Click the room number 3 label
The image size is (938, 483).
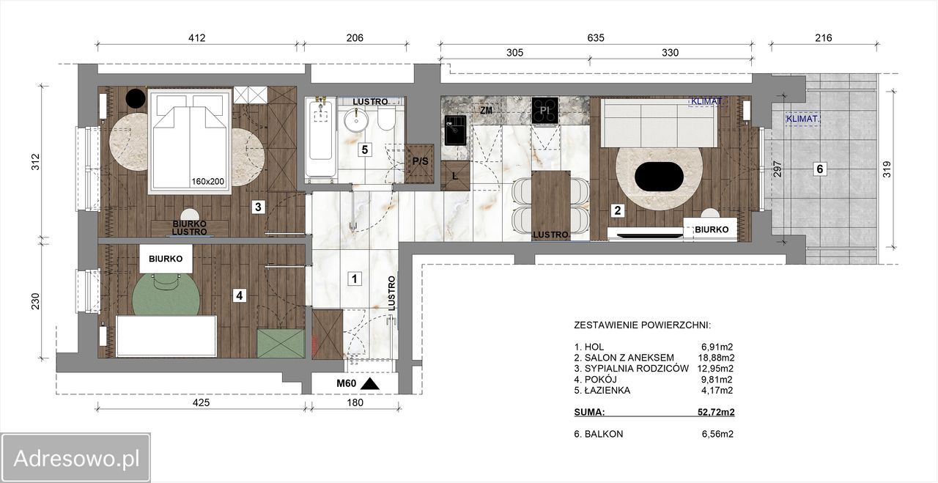259,207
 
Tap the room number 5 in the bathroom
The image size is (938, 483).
365,150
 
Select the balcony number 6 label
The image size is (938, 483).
820,169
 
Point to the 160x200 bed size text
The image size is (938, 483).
208,181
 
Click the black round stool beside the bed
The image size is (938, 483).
136,98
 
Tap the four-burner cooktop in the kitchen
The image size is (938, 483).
544,110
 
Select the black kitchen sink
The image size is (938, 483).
456,130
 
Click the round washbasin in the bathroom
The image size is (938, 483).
356,120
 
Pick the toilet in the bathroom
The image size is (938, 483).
385,118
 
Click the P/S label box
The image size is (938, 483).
420,161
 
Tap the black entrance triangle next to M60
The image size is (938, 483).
370,384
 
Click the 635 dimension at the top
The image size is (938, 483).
596,38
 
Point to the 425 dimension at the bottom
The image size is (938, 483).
201,402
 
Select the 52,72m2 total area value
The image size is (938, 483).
716,412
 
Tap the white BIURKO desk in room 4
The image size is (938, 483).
166,259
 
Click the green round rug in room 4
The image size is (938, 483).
166,295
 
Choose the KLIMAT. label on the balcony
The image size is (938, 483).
802,119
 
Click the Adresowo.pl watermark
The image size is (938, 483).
76,458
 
